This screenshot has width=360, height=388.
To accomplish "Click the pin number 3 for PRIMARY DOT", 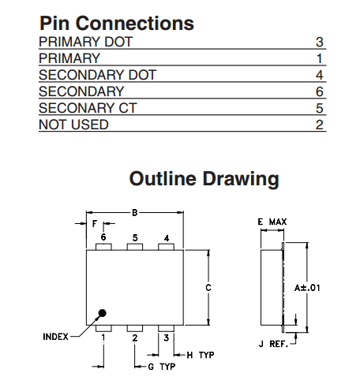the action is pos(320,42).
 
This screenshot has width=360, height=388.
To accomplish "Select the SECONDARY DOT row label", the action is pos(98,75).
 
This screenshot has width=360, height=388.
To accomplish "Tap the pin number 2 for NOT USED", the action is pos(320,125).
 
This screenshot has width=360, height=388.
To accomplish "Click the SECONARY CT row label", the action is pos(88,108).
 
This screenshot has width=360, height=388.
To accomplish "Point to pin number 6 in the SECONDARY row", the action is pos(320,91).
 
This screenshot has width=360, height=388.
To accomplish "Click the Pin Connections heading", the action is pos(117,23).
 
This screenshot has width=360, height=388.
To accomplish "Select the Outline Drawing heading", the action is pos(204,179).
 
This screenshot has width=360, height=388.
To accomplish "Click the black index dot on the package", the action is pos(102,313).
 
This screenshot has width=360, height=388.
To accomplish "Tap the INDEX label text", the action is pos(55,337).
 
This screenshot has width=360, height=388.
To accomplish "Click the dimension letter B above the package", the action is pos(135,212).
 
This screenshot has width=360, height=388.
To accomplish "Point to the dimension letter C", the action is pos(208,288).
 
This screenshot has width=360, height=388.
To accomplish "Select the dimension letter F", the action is pos(95,224).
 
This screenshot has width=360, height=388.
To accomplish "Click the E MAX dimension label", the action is pos(272,222).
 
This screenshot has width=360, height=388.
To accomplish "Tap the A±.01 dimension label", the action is pos(307,288).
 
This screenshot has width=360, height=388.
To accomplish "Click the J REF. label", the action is pos(273,344).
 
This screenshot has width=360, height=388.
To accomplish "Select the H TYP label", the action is pos(201,355).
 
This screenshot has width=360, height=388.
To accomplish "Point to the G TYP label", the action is pos(162,367).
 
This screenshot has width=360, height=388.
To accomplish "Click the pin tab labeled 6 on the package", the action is pos(103,247).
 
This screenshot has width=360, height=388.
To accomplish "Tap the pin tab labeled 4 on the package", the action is pos(166,247).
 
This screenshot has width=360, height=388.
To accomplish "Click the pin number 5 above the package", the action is pos(135,237).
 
